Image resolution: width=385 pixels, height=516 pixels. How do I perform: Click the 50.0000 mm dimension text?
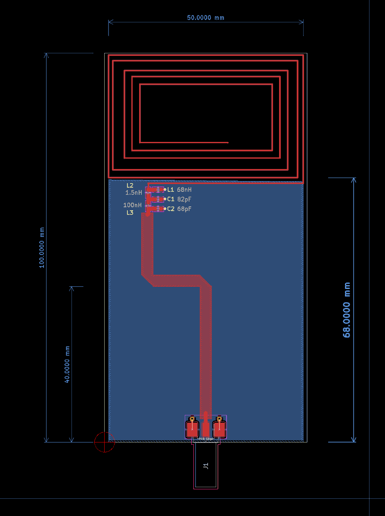[205, 18]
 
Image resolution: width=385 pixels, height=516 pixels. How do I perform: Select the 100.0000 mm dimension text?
[42, 248]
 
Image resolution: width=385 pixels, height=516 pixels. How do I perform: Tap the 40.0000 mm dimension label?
[67, 364]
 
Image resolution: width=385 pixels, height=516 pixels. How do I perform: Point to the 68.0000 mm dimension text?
[347, 310]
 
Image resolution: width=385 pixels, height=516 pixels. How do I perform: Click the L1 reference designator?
[171, 189]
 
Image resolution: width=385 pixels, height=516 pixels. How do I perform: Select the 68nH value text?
[184, 189]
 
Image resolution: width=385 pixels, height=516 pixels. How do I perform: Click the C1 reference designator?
[171, 199]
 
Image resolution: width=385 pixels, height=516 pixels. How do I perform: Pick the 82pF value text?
[184, 199]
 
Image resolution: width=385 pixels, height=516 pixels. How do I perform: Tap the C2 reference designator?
[171, 209]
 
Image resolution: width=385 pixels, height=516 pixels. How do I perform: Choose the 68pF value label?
[184, 209]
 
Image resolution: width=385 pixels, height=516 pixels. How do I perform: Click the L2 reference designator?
[130, 185]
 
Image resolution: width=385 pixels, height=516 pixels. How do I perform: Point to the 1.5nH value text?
[134, 193]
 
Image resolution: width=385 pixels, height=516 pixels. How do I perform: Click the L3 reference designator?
[130, 212]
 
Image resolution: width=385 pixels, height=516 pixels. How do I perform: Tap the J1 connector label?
[206, 466]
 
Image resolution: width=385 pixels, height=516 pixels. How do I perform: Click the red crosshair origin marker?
[105, 442]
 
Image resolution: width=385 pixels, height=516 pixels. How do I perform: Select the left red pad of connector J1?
[192, 429]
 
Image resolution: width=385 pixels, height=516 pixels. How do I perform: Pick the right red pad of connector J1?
[219, 429]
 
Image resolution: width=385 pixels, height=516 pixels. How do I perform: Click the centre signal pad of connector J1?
[205, 429]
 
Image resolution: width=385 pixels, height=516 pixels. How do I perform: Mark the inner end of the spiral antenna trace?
[227, 142]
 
